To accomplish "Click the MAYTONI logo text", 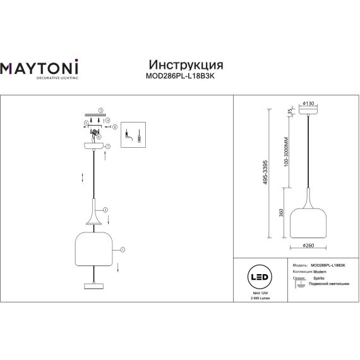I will (42, 68).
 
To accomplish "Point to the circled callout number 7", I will (109, 146).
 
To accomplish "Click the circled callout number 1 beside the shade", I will (123, 249).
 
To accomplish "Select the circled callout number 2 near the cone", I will (105, 209).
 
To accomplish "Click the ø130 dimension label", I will (309, 103).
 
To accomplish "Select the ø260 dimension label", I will (309, 246).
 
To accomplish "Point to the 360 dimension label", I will (280, 214).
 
